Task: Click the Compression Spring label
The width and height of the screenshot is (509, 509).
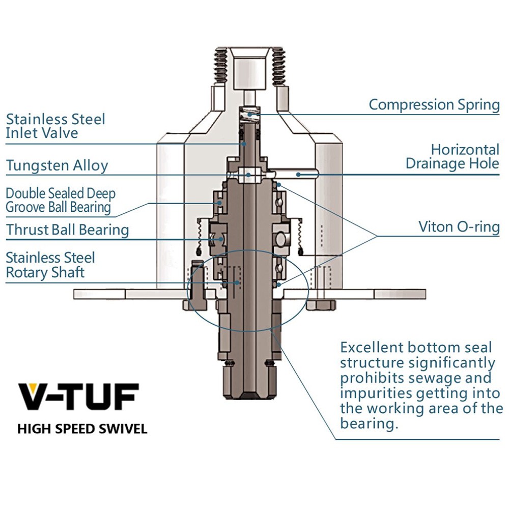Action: tap(434, 105)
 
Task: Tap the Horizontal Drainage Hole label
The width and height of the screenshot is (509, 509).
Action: tap(452, 157)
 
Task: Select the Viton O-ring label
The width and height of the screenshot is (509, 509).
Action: tap(459, 226)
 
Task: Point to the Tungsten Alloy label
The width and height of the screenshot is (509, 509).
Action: tap(57, 165)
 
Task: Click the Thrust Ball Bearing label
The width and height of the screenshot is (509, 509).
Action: tap(67, 230)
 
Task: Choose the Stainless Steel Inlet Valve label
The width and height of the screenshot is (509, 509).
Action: tap(55, 126)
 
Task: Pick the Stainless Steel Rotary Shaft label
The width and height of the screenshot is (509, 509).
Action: tap(50, 265)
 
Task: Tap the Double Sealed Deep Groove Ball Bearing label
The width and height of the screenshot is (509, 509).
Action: tap(60, 200)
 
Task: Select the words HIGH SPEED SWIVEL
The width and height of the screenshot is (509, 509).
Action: tap(82, 429)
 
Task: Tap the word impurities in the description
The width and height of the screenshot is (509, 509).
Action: tap(377, 393)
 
